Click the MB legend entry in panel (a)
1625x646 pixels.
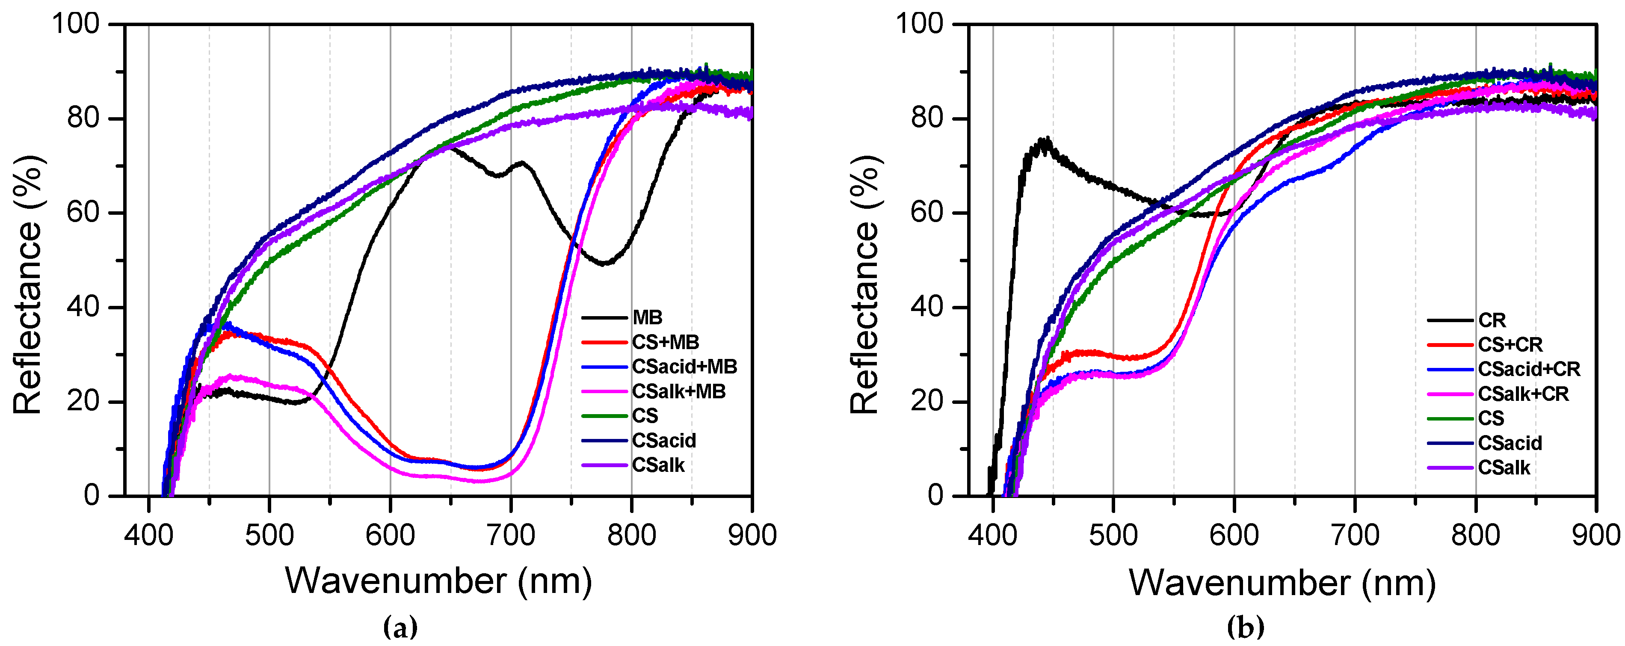(647, 317)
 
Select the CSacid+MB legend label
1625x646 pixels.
(684, 367)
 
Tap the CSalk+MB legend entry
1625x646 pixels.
(679, 391)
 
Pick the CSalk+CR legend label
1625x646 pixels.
(1523, 394)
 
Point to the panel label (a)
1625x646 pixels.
(400, 627)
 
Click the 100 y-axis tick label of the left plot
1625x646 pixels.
(76, 24)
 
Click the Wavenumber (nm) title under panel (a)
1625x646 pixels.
(438, 581)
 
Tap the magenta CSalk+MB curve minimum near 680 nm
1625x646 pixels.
(482, 481)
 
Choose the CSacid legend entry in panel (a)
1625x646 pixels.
(663, 440)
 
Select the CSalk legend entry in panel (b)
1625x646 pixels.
(1504, 468)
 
